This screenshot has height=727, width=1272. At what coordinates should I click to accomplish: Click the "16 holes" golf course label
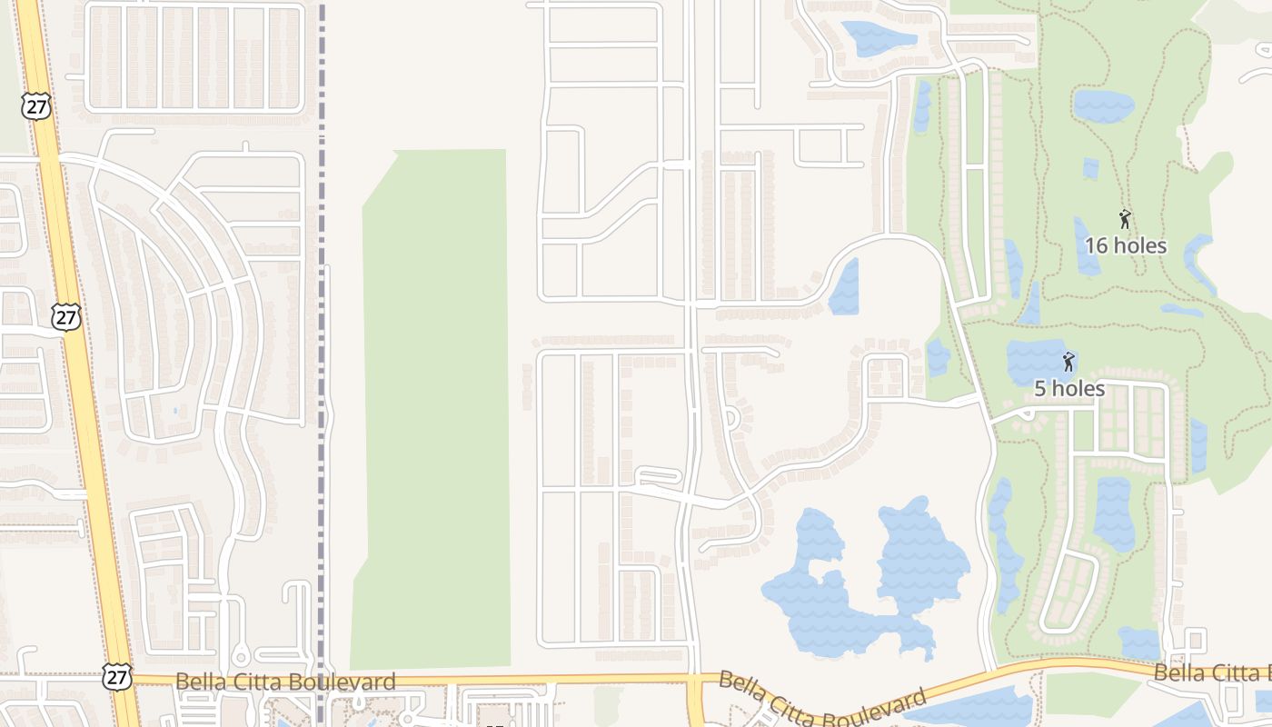[1125, 245]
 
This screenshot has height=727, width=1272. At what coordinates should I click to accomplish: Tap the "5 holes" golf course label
[1069, 389]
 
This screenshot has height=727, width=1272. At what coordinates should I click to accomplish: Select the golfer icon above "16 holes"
[1125, 219]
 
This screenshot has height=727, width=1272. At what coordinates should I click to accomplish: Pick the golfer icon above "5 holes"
[1068, 362]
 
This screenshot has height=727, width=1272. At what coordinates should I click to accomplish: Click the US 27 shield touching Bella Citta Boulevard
[117, 676]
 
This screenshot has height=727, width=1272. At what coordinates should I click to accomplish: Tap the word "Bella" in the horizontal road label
[201, 682]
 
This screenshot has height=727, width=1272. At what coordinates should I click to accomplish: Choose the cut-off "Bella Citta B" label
[1212, 673]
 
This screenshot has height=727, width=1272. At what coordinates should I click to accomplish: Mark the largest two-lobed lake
[863, 582]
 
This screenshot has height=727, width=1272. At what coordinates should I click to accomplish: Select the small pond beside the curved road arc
[844, 286]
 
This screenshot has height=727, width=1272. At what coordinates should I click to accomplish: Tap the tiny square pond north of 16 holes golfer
[1090, 168]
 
